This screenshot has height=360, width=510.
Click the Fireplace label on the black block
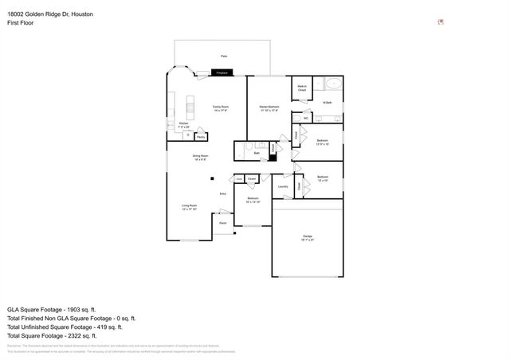pyautogui.click(x=223, y=73)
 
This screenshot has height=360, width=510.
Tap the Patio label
pyautogui.click(x=224, y=57)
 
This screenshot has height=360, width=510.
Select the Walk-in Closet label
pyautogui.click(x=302, y=88)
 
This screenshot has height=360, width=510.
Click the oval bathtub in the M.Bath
pyautogui.click(x=332, y=84)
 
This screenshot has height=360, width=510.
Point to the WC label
pyautogui.click(x=306, y=117)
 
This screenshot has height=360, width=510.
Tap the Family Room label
pyautogui.click(x=220, y=108)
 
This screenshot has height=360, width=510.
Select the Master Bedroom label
pyautogui.click(x=269, y=108)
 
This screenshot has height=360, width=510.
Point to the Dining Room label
pyautogui.click(x=201, y=157)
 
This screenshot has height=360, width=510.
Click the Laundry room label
pyautogui.click(x=283, y=187)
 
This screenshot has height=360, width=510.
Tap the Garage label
pyautogui.click(x=307, y=237)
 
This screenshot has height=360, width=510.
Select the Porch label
pyautogui.click(x=223, y=223)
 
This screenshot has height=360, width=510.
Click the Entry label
pyautogui.click(x=223, y=194)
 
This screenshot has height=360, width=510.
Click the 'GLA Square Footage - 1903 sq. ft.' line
pyautogui.click(x=51, y=308)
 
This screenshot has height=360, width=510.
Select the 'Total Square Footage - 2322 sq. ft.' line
pyautogui.click(x=57, y=335)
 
